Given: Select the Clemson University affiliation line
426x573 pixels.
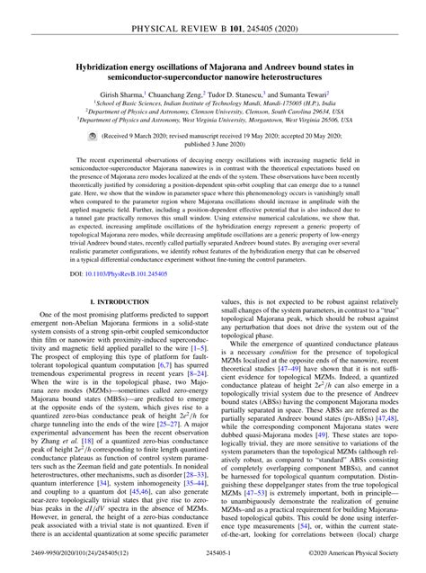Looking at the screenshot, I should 213,112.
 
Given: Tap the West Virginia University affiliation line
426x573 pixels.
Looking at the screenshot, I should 213,120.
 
